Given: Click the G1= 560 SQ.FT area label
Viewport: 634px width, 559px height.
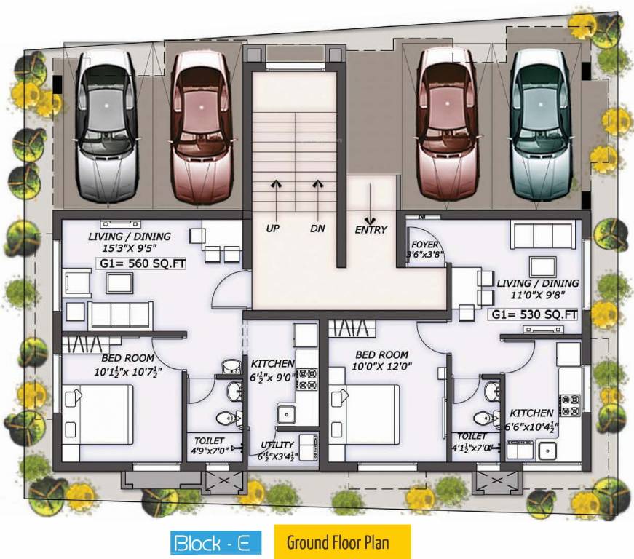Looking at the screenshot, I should pyautogui.click(x=140, y=264).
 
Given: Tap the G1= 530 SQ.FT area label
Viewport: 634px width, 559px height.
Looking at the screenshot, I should pyautogui.click(x=534, y=315).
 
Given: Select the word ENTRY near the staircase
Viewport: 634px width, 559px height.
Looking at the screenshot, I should pyautogui.click(x=371, y=230).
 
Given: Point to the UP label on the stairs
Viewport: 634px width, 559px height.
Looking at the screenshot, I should pyautogui.click(x=273, y=229).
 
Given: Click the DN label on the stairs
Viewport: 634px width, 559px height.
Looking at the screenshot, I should pyautogui.click(x=317, y=229).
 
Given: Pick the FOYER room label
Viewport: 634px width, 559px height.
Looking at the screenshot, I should pyautogui.click(x=424, y=245).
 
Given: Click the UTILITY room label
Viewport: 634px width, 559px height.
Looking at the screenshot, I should pyautogui.click(x=277, y=445).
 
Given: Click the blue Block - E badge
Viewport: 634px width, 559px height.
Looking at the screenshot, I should pyautogui.click(x=215, y=543).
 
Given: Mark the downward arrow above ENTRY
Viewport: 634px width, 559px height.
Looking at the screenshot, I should pyautogui.click(x=370, y=204).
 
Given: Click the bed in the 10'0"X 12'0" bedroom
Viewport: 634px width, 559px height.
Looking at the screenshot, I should pyautogui.click(x=364, y=411).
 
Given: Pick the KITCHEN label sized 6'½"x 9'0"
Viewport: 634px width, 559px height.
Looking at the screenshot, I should pyautogui.click(x=272, y=363).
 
